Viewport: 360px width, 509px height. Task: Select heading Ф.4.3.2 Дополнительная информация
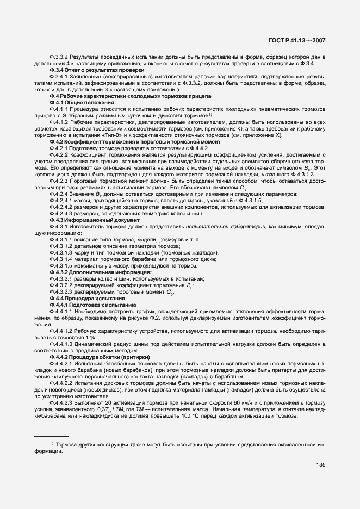pos(93,272)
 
